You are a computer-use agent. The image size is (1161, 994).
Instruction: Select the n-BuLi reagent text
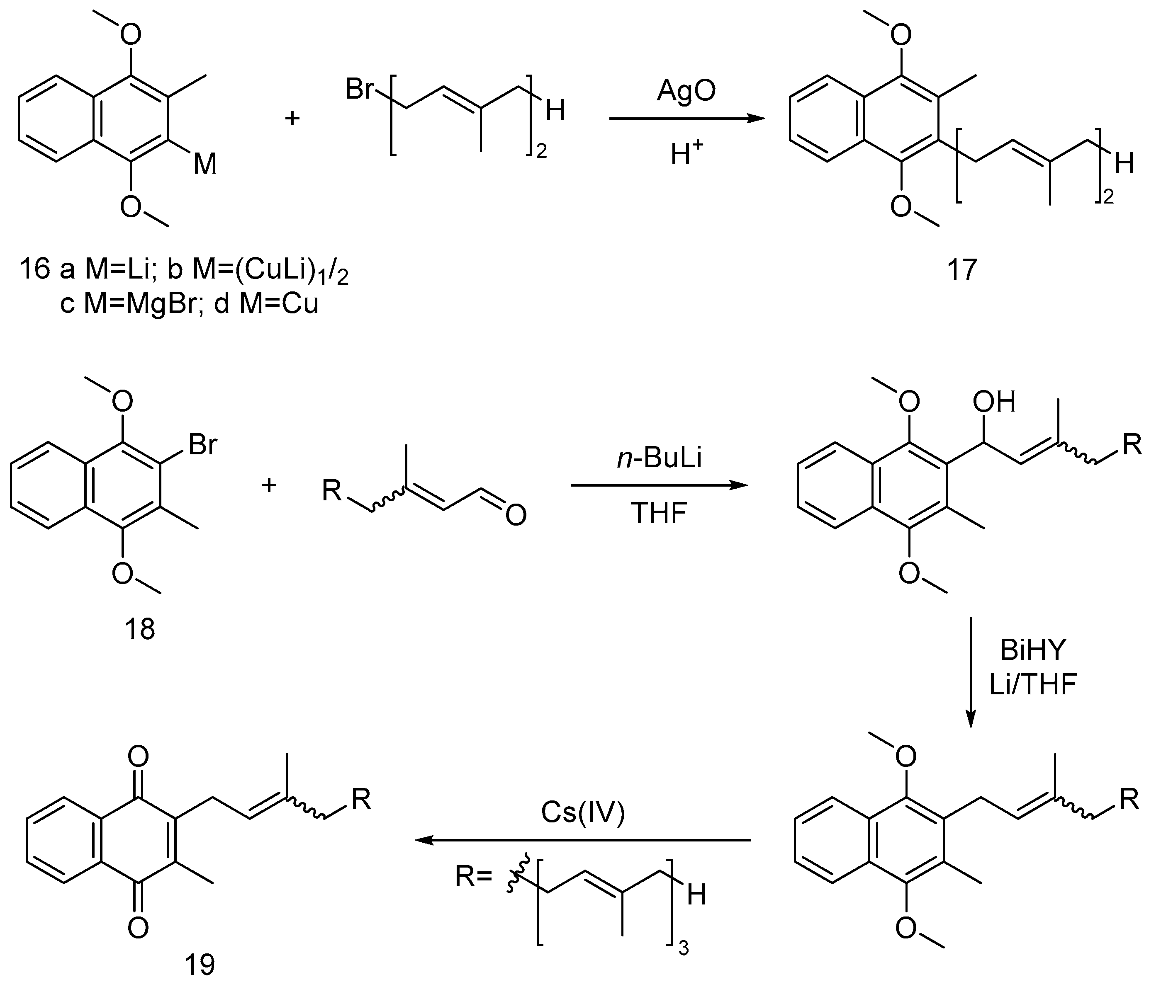pos(659,458)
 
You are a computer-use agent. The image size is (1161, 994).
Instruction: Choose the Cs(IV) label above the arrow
pos(583,812)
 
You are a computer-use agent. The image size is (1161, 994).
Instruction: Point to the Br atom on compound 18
pos(202,445)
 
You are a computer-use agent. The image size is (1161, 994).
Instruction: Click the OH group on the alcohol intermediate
pos(993,402)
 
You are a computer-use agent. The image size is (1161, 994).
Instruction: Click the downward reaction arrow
pos(971,672)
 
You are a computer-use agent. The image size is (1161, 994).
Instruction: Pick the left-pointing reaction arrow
pos(583,840)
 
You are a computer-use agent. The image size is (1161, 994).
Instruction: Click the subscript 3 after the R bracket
pos(683,948)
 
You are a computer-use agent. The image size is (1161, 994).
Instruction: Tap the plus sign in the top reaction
pos(292,118)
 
